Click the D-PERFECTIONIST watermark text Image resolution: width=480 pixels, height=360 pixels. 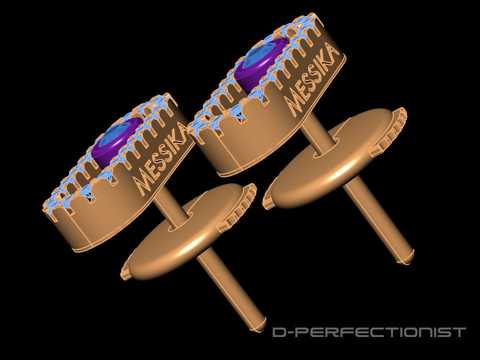coord(369,332)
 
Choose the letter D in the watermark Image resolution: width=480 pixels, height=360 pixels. coord(279,332)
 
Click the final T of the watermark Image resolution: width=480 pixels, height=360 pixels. coord(460,332)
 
